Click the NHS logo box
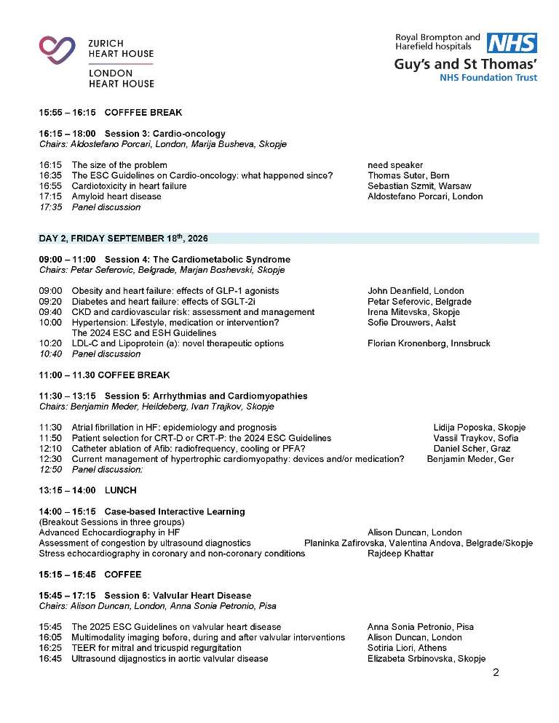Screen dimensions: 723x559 [512, 43]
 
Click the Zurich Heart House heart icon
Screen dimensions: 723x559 [58, 50]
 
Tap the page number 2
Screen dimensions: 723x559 [496, 672]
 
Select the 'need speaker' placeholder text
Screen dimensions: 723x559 [395, 165]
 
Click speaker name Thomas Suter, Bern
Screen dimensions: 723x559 [408, 175]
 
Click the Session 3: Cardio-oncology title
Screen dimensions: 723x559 [164, 134]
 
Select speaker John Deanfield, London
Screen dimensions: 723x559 [416, 291]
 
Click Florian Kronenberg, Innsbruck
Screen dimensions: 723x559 [429, 343]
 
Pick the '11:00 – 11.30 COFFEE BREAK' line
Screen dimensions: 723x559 [104, 375]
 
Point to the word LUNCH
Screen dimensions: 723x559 [120, 491]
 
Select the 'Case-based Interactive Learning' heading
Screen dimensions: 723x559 [175, 512]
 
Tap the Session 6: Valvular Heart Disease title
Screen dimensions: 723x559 [178, 596]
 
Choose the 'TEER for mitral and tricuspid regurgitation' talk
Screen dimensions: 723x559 [156, 648]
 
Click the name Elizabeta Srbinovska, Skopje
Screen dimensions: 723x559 [426, 659]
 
